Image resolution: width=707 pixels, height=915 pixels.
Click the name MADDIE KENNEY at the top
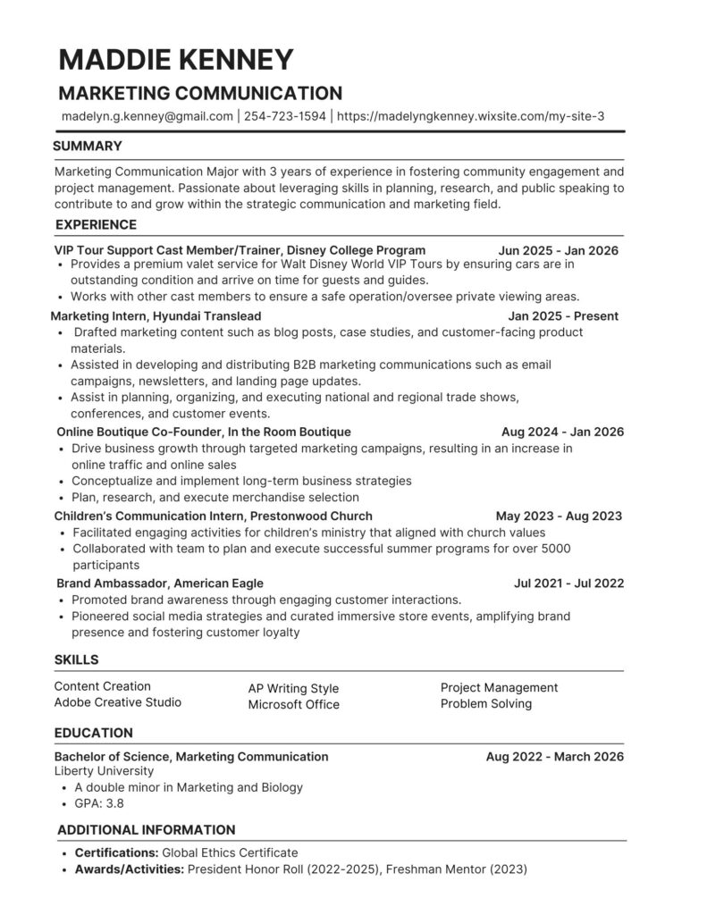tap(175, 59)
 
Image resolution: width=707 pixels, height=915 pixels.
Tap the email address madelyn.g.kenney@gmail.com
tap(147, 116)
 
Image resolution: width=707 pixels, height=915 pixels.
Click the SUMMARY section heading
tap(88, 146)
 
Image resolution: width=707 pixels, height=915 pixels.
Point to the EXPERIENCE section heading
tap(96, 224)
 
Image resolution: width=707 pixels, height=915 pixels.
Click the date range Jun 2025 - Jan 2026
tap(558, 250)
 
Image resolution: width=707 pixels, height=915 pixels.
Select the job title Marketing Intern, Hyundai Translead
tap(156, 315)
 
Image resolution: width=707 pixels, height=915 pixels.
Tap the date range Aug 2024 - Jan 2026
tap(562, 432)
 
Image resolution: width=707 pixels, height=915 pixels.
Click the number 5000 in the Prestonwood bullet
tap(555, 548)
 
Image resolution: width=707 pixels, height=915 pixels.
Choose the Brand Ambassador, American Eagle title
tap(159, 583)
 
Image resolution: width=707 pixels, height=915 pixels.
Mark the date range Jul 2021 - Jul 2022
tap(568, 583)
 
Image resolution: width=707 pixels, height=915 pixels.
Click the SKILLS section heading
tap(76, 659)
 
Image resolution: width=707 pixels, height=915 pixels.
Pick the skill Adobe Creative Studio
tap(117, 702)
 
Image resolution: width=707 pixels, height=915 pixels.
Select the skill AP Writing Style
tap(293, 688)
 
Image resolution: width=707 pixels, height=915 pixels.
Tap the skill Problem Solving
tap(485, 703)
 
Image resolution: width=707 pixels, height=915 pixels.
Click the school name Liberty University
tap(104, 770)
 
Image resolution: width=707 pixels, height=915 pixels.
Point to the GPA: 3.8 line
tap(99, 804)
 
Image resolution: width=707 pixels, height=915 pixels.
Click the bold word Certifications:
tap(116, 852)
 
